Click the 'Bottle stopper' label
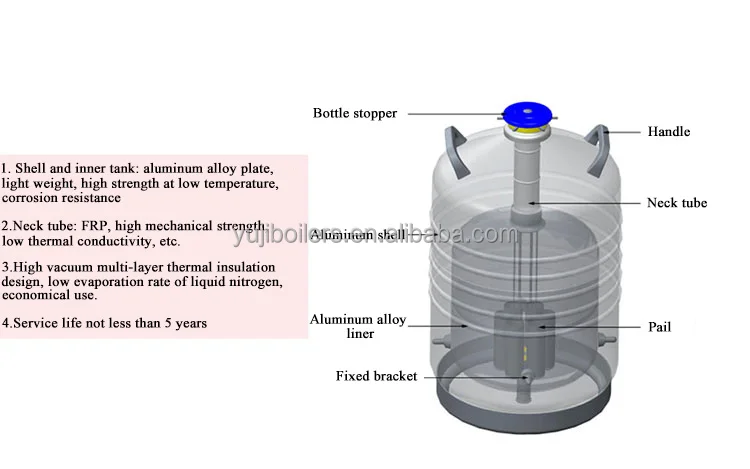(x=355, y=113)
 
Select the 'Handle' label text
(x=668, y=131)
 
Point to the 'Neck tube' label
(x=676, y=203)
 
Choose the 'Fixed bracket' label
(x=375, y=376)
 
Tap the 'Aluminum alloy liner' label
(x=357, y=326)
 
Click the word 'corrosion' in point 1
(x=31, y=199)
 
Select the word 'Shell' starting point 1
(x=31, y=168)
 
